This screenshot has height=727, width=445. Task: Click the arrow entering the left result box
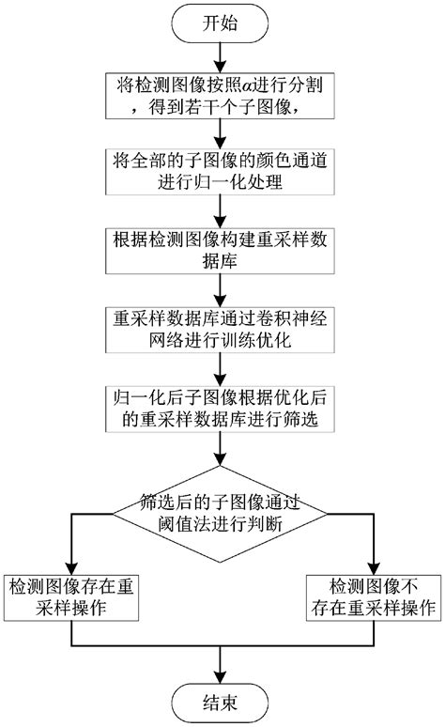click(x=73, y=554)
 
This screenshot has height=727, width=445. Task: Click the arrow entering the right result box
click(x=372, y=554)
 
